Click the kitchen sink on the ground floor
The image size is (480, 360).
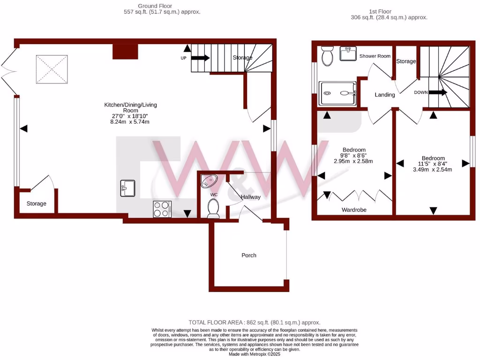tap(127, 188)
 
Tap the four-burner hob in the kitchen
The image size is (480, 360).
tap(162, 209)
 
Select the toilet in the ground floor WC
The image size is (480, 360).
tap(213, 208)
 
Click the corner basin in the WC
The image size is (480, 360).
tap(208, 180)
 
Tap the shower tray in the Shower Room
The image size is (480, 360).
tap(337, 93)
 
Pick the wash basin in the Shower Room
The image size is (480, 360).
tap(348, 54)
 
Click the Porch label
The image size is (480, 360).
tap(249, 255)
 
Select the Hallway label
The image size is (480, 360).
tap(251, 197)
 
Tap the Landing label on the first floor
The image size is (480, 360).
tap(385, 95)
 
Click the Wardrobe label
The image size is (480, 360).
tap(354, 210)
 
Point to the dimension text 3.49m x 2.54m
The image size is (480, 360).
tap(432, 170)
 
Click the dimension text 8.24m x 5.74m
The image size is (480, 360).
tap(130, 122)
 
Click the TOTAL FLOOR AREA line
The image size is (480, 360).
tap(254, 322)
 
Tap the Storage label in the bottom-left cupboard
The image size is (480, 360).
tap(36, 204)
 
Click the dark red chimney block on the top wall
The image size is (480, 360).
tap(125, 51)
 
